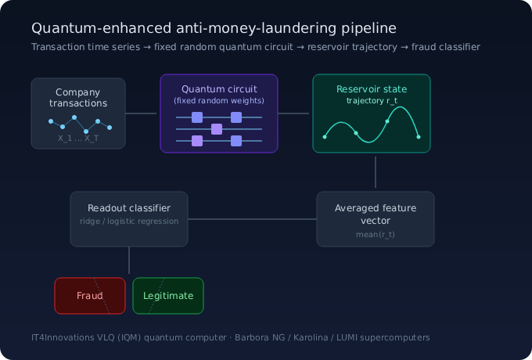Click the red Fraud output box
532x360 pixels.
(90, 296)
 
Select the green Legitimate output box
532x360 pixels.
(168, 296)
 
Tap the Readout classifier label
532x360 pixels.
(129, 208)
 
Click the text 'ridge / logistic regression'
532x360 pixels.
(129, 221)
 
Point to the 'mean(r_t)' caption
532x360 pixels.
(376, 235)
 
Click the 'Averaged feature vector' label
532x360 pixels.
(376, 214)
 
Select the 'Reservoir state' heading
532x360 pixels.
(372, 89)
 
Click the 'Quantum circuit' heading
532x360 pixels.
(219, 89)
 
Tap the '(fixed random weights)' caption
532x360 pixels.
(219, 101)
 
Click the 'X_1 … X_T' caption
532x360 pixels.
(78, 138)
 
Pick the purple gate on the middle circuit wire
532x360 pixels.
(217, 129)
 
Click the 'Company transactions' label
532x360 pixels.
(78, 97)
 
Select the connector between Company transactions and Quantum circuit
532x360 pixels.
(141, 113)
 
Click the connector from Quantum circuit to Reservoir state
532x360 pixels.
(293, 113)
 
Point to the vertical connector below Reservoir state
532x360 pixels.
(376, 172)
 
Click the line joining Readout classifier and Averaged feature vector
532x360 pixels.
(252, 219)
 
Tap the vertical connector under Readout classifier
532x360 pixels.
(129, 261)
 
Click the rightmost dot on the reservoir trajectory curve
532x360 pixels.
(419, 137)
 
